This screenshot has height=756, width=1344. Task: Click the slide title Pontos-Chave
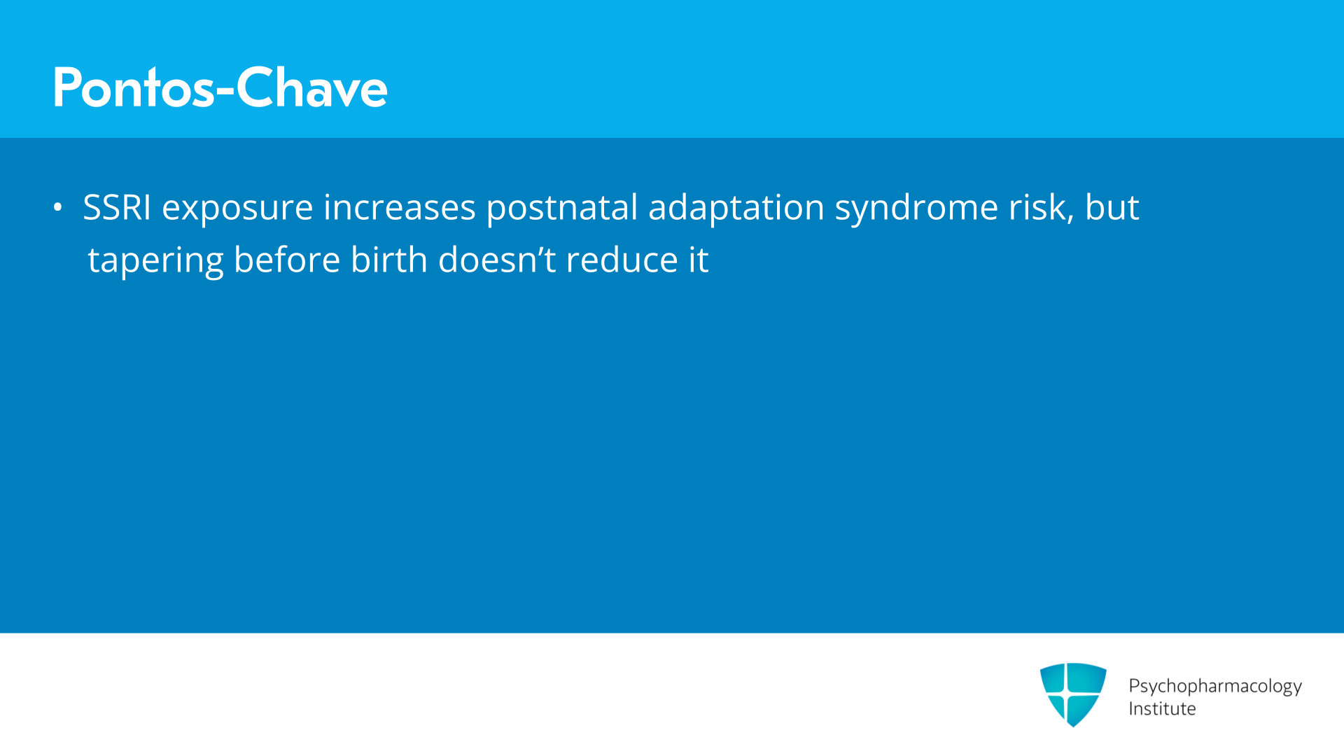220,87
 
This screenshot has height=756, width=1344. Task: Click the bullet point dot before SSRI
58,207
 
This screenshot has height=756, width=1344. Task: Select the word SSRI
117,207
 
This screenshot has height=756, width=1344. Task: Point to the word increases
399,207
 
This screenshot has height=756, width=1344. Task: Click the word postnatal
562,209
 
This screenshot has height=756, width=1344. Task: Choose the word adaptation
736,209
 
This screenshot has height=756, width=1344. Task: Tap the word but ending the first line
1112,207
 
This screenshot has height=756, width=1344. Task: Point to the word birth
389,260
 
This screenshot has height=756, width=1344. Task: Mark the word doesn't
497,260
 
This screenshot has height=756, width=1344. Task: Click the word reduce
622,260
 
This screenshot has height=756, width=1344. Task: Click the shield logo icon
1073,694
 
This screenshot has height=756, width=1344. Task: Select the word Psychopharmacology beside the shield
1215,687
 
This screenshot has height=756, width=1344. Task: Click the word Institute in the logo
1162,708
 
